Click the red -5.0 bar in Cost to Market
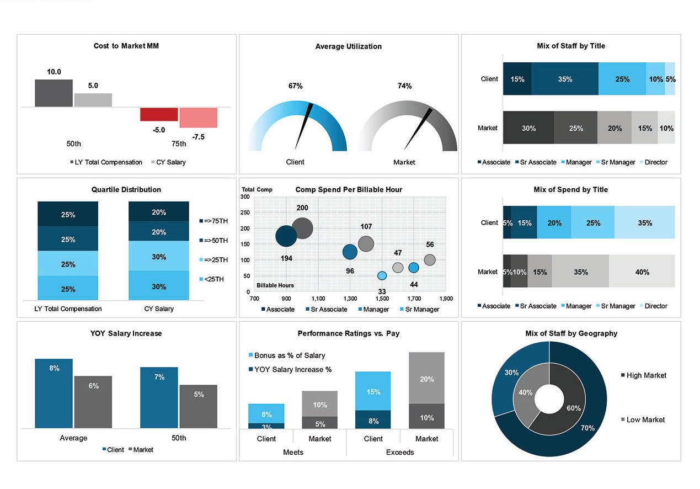pos(159,114)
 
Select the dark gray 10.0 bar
pos(54,93)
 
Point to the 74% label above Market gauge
pos(405,86)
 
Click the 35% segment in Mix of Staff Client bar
pos(565,79)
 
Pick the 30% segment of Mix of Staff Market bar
pos(528,128)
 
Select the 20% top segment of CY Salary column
pos(159,212)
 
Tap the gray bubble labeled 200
pos(302,228)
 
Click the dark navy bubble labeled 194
pos(286,236)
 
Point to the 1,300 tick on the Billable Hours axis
pos(350,299)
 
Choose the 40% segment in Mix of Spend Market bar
pos(642,272)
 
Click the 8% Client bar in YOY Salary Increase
pos(54,393)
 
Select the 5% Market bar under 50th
pos(199,406)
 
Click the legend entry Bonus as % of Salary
pos(289,355)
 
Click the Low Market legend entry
pos(645,420)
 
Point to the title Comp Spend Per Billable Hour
pos(349,189)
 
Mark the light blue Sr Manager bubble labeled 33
pos(382,275)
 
